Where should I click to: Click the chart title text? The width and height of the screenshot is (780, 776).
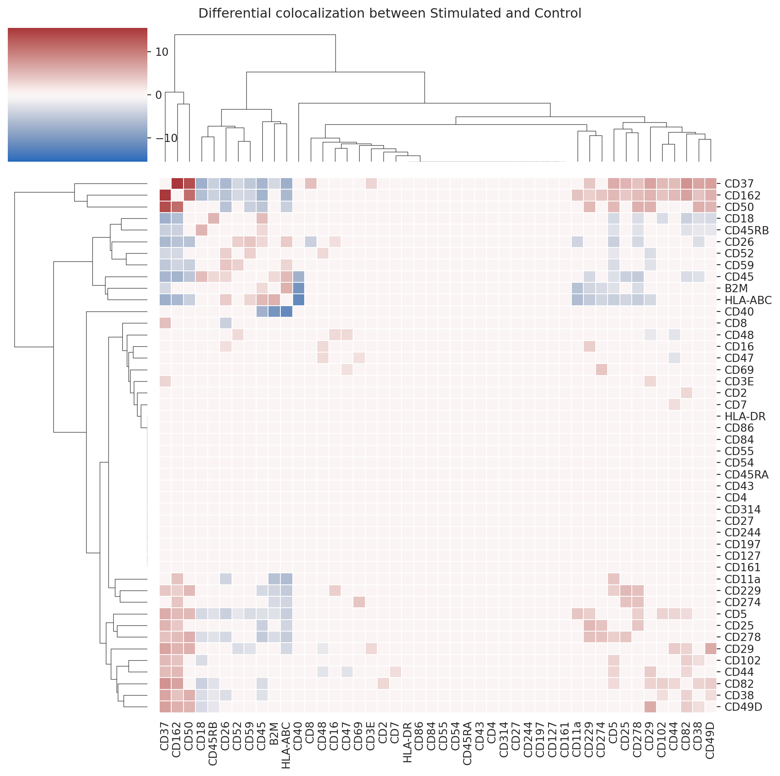[x=390, y=14]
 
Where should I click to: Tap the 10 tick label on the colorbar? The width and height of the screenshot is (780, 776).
[x=162, y=52]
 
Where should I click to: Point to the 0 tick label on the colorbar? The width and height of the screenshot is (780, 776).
[x=158, y=95]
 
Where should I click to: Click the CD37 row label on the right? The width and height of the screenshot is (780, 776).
[x=739, y=184]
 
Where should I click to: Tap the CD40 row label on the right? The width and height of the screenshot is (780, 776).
[x=739, y=312]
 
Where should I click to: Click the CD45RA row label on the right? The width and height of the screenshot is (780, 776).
[x=746, y=475]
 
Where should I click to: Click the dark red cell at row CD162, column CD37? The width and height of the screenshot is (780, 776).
[x=165, y=195]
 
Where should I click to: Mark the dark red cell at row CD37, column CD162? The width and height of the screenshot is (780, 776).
[x=177, y=183]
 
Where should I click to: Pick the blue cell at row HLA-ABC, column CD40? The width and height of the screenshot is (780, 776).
[x=298, y=300]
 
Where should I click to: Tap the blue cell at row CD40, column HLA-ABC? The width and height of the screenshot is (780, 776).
[x=286, y=312]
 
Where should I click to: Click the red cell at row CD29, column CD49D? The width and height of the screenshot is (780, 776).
[x=710, y=649]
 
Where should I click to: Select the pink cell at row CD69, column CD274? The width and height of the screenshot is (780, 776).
[x=601, y=370]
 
